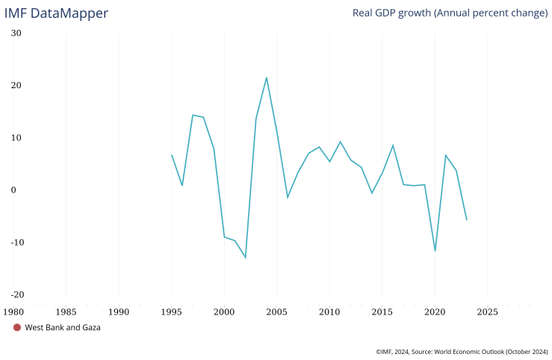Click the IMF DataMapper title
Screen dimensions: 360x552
(x=56, y=13)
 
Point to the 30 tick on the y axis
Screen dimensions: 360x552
(x=16, y=33)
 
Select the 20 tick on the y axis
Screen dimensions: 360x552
(x=16, y=85)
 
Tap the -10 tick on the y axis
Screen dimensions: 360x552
(x=15, y=242)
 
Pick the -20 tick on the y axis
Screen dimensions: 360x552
(x=15, y=294)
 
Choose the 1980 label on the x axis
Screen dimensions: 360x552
(x=13, y=311)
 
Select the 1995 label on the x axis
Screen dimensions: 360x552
(x=172, y=311)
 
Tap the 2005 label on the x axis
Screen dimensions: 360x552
(x=277, y=311)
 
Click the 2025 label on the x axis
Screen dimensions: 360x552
(x=488, y=311)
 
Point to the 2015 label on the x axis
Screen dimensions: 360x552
(x=382, y=311)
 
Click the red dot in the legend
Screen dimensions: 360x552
(x=17, y=327)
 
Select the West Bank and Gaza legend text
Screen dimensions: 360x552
(x=63, y=327)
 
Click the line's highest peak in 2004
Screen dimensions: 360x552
(x=267, y=78)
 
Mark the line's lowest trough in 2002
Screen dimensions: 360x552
(x=245, y=258)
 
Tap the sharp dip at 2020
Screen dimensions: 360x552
(x=435, y=250)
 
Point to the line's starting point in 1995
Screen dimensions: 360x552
(x=172, y=155)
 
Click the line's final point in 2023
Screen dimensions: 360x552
(x=467, y=220)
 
